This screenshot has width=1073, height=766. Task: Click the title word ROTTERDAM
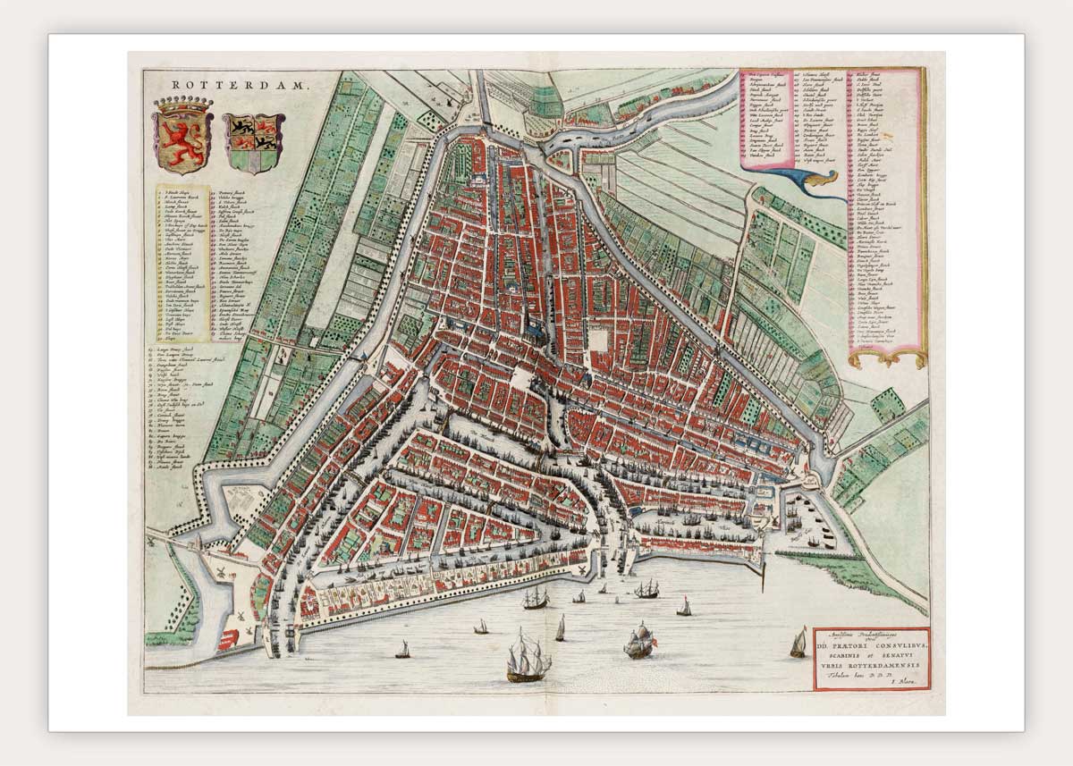point(238,86)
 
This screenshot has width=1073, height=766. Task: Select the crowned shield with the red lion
point(182,138)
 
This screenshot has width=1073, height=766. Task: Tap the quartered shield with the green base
point(255,143)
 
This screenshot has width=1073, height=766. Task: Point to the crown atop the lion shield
point(182,106)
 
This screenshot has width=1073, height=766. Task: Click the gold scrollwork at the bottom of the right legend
point(886,358)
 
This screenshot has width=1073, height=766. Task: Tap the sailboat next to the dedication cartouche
point(798,643)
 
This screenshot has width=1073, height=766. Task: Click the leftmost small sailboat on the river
point(402,649)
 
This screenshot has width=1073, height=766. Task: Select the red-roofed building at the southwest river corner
point(232,638)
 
